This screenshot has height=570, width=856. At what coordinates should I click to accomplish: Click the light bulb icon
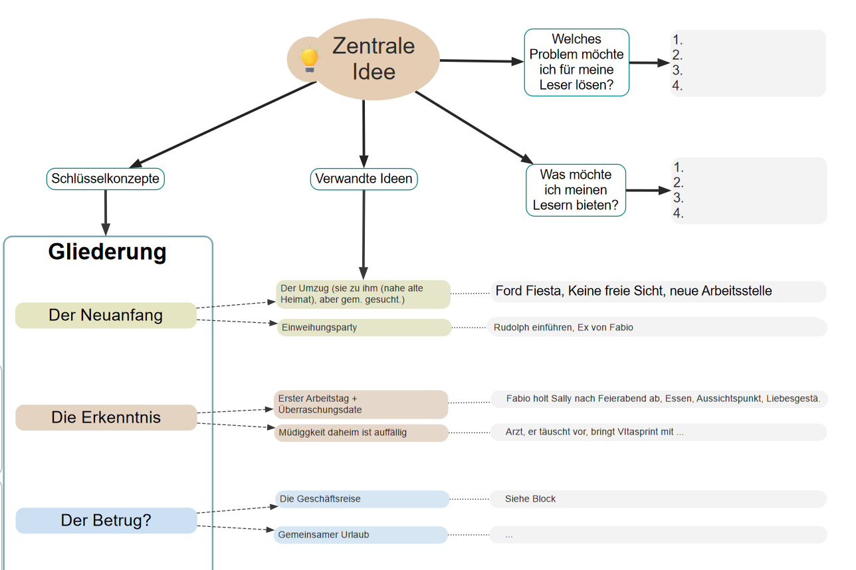point(309,59)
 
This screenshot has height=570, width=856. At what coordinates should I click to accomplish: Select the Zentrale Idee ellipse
point(374,59)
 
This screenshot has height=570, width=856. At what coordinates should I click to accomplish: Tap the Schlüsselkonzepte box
point(105,179)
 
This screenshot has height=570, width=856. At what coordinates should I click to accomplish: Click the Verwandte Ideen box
point(364,179)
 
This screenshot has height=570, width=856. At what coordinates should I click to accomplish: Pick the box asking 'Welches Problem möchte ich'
point(576,62)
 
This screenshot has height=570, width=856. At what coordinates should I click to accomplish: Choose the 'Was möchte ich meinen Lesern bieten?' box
point(576,190)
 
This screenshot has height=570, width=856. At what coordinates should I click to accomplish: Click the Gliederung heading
point(108,252)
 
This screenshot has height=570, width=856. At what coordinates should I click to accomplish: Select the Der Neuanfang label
point(106,315)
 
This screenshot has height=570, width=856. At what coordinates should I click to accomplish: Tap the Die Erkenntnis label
point(106,417)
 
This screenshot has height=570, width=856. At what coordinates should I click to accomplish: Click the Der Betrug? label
point(106,520)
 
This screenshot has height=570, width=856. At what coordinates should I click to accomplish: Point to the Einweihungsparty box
point(364,328)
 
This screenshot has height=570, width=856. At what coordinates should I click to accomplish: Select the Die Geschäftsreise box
point(362,499)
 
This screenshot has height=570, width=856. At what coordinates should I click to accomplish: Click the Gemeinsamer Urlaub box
point(360,535)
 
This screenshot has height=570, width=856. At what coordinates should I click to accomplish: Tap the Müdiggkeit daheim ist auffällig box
point(361,432)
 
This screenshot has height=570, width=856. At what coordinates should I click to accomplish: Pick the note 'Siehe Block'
point(530,499)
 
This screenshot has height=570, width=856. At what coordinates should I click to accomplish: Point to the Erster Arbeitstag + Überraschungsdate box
point(361,405)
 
